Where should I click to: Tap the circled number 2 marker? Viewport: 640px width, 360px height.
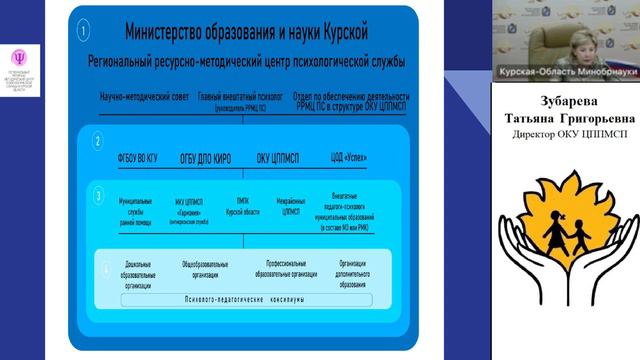pyautogui.click(x=97, y=141)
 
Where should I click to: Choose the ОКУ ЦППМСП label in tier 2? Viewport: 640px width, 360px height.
pyautogui.click(x=279, y=157)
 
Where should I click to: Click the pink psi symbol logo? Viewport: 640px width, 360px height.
pyautogui.click(x=19, y=57)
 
